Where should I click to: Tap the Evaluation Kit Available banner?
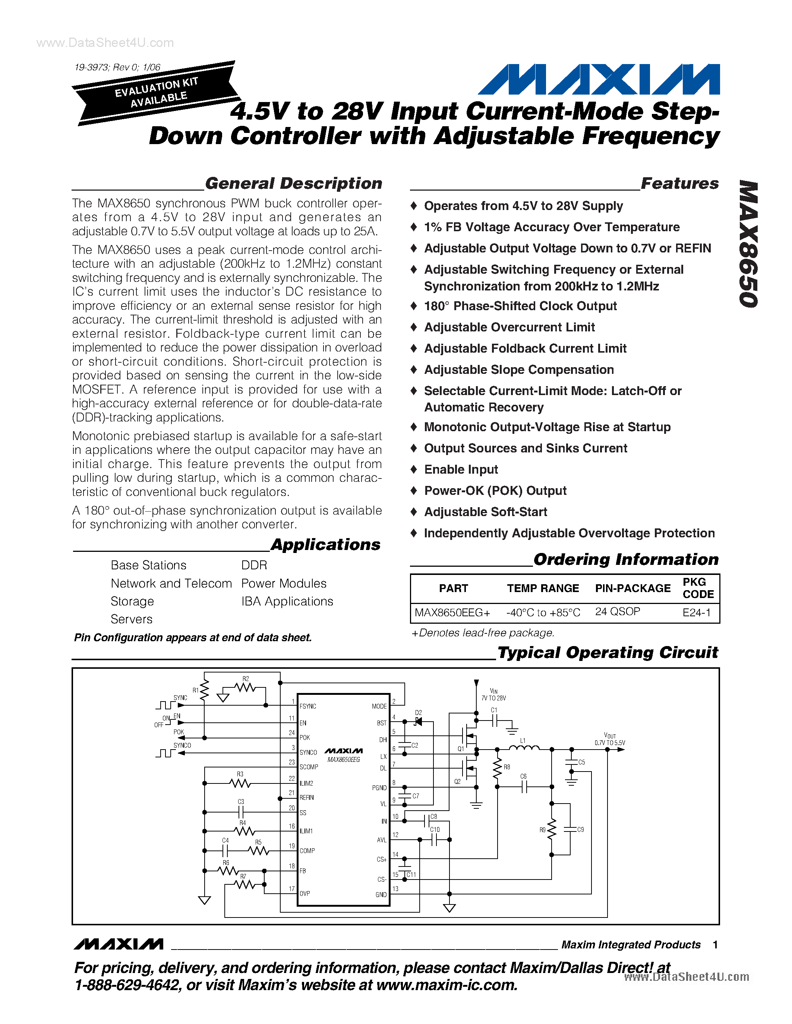156,93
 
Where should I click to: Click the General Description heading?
294,183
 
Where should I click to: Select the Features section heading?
679,183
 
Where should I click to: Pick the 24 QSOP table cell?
618,612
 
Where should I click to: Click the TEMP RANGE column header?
543,588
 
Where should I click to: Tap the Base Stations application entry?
148,566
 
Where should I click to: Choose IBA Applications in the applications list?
287,601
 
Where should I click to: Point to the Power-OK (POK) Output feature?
495,491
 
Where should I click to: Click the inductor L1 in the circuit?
524,748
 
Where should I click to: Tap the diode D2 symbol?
418,722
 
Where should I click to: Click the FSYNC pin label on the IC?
308,706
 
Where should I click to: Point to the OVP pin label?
305,893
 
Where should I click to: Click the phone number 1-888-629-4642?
127,985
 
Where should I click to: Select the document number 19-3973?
91,67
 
